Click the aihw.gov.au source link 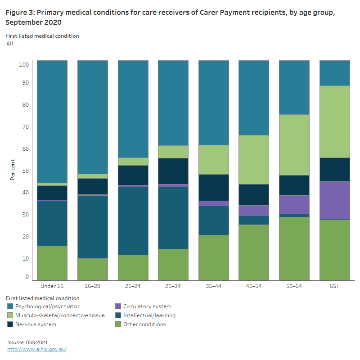point(37,349)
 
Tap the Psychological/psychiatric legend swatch point(10,306)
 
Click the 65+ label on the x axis point(334,286)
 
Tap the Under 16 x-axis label point(52,286)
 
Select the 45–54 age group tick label point(254,286)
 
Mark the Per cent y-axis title point(13,170)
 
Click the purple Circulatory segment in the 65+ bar point(334,200)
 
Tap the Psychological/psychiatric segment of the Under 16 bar point(52,121)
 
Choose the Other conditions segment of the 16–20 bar point(93,269)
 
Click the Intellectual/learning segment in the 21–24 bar point(133,220)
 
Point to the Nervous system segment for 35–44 point(213,187)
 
